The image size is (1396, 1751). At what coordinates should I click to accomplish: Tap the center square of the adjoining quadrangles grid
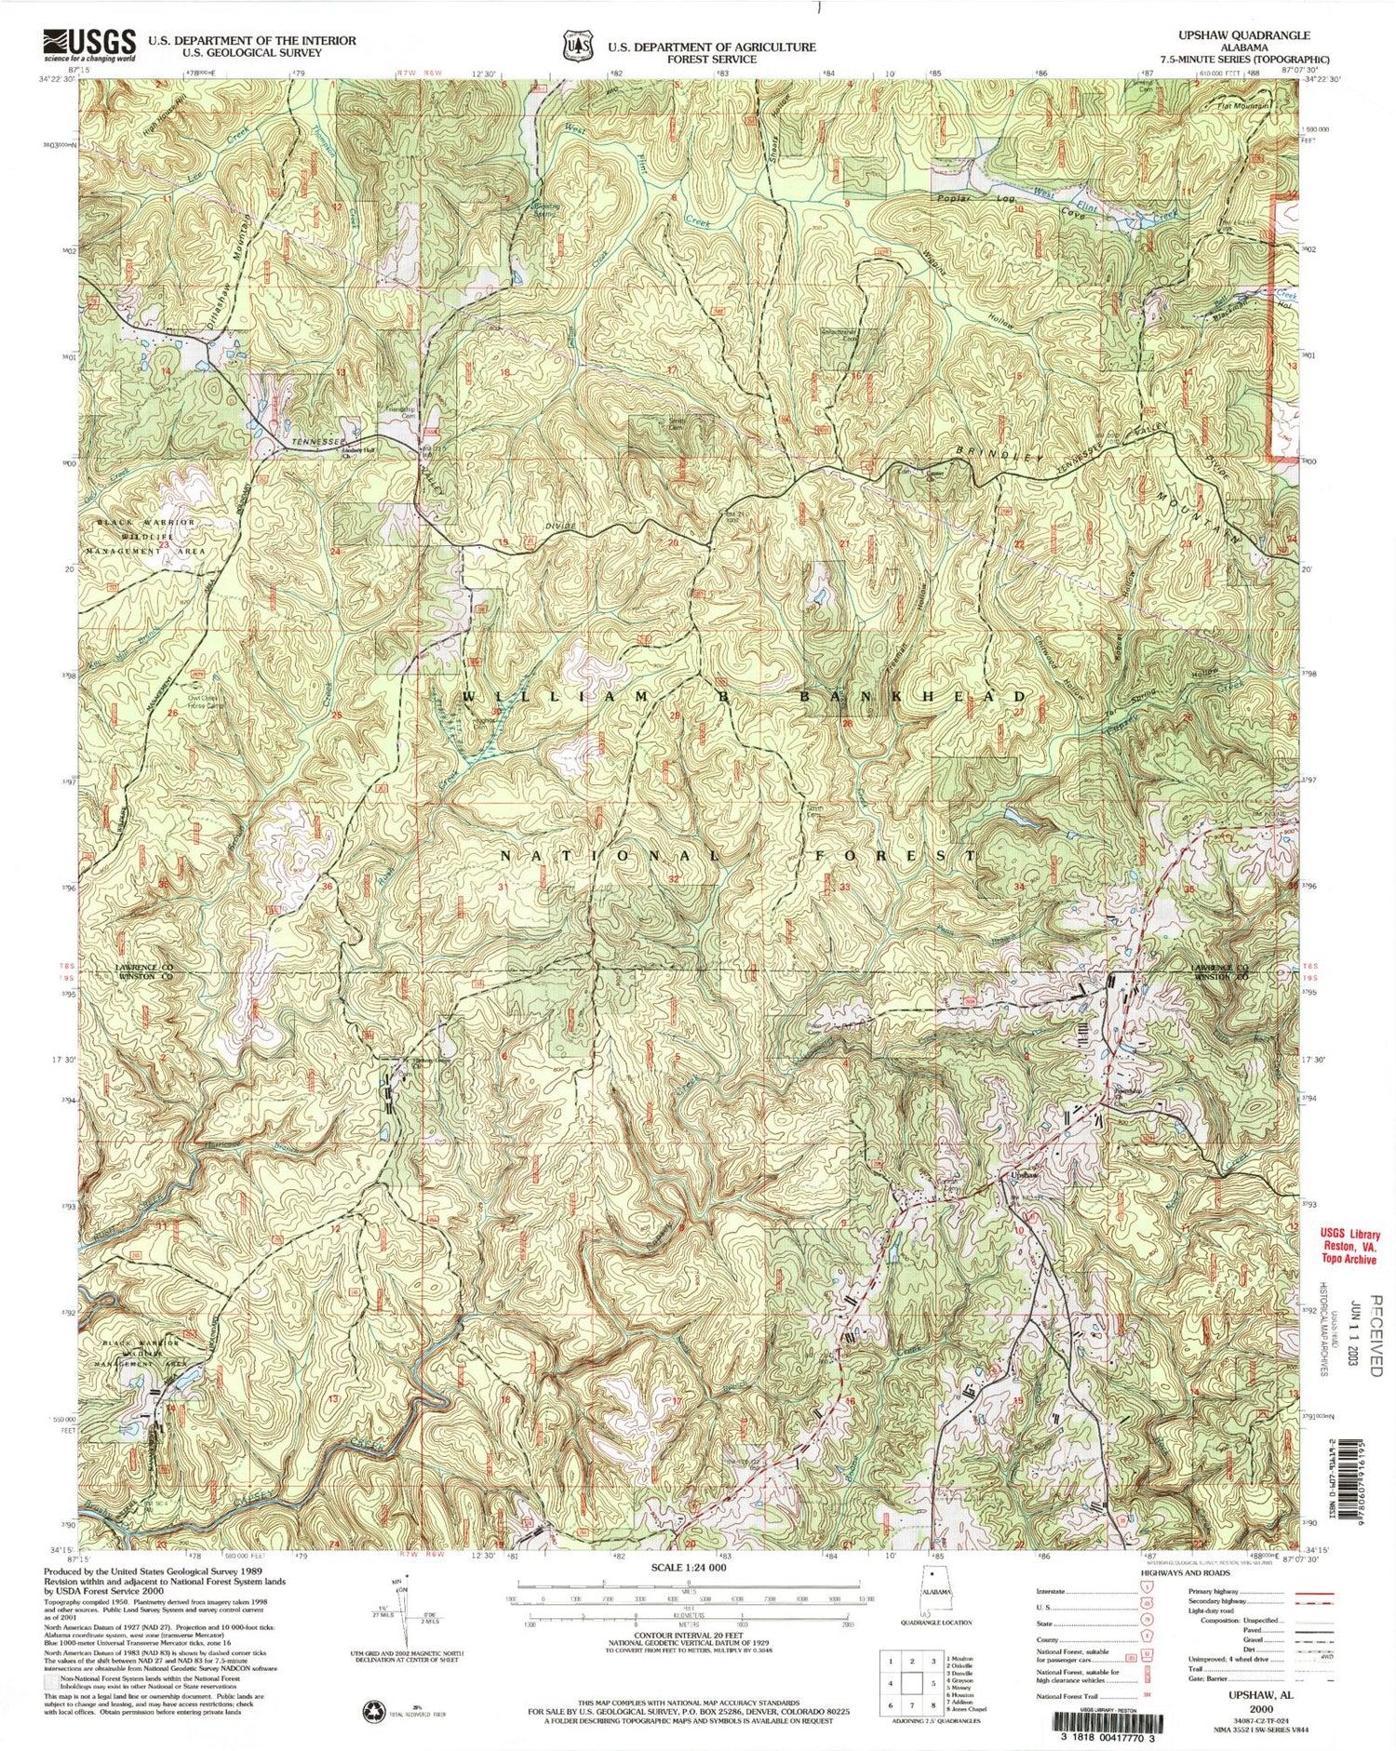click(910, 1682)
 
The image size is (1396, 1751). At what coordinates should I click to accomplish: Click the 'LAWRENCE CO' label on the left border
click(144, 968)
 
